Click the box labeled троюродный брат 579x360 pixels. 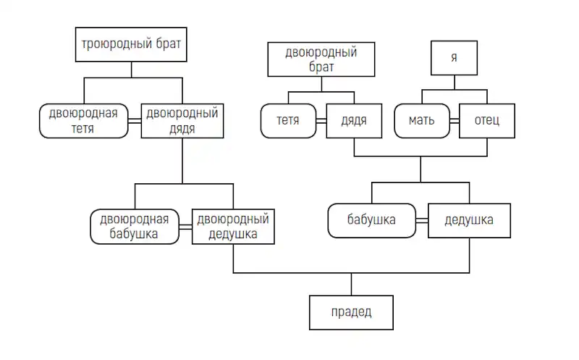coord(131,44)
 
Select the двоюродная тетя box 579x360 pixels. coord(84,121)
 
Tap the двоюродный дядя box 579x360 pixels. coord(182,121)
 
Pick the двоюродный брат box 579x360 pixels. coord(321,59)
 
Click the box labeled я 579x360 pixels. coord(455,58)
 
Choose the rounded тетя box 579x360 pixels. coord(288,121)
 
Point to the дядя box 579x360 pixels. coord(354,121)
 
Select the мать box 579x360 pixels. coord(422,121)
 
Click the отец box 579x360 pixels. coord(487,121)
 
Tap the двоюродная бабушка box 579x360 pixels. coord(135,227)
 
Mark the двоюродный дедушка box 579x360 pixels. coord(233,227)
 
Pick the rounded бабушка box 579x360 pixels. coord(372,221)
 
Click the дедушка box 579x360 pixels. coord(469,221)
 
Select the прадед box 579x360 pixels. coord(351,313)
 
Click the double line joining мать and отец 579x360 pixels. coord(455,121)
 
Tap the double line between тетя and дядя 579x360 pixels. coord(321,121)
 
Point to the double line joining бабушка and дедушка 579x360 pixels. coord(422,221)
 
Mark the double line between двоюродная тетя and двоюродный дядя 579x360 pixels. coord(135,121)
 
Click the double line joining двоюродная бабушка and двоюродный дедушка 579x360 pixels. coord(186,227)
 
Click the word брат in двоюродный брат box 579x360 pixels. coord(321,67)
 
